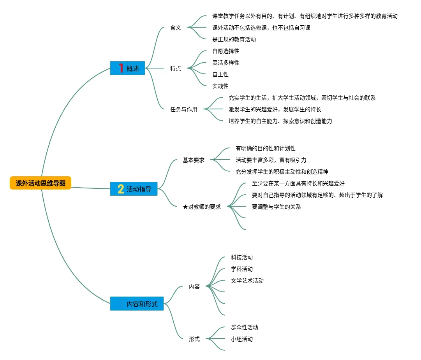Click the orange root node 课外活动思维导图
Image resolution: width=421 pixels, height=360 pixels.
click(41, 183)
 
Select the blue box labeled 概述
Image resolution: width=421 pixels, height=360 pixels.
click(127, 68)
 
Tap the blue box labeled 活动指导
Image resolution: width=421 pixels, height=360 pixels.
click(134, 189)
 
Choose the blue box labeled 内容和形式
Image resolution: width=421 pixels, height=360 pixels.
click(137, 304)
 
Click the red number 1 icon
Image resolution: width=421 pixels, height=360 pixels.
click(121, 68)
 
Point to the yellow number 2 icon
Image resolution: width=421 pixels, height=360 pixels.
click(121, 189)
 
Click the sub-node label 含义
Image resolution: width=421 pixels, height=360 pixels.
click(176, 28)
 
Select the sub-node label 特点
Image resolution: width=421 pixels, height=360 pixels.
click(176, 68)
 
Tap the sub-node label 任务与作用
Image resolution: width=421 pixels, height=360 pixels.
click(184, 109)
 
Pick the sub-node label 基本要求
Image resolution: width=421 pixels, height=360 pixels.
click(194, 160)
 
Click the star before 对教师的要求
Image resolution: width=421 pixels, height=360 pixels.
click(185, 207)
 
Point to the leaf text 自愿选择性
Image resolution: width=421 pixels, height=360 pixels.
click(226, 51)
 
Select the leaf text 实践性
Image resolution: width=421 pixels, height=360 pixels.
click(220, 86)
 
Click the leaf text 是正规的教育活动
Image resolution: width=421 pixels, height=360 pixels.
click(234, 39)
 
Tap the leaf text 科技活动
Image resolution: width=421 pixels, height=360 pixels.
click(242, 257)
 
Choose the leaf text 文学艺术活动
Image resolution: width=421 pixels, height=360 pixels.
click(247, 281)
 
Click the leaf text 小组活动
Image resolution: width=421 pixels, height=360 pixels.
click(242, 339)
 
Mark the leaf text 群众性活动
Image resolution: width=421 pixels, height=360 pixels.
click(245, 327)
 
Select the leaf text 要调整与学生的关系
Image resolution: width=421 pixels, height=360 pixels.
click(277, 207)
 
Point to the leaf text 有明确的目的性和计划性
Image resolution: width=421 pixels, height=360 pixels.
click(266, 148)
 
